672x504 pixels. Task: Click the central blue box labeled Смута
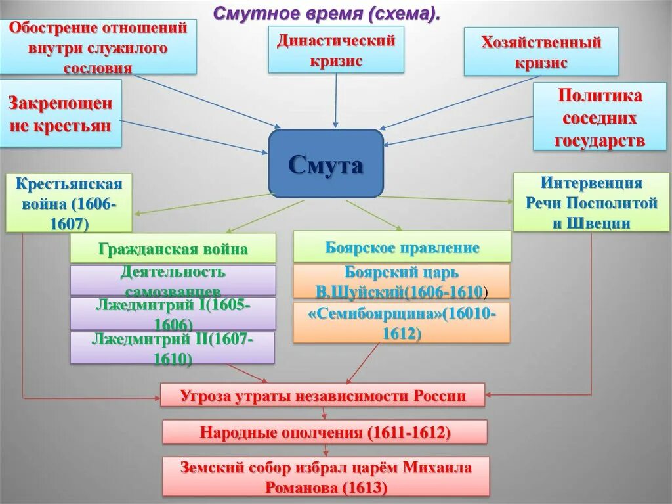pos(325,164)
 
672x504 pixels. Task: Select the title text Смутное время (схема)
pos(326,13)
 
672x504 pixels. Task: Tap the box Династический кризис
pos(335,51)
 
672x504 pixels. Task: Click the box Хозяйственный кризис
pos(541,52)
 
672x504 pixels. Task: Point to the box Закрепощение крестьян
pos(60,114)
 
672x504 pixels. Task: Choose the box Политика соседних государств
pos(599,118)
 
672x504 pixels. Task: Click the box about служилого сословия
pos(98,47)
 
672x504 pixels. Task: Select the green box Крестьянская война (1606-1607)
pos(69,202)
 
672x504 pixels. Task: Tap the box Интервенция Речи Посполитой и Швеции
pos(591,202)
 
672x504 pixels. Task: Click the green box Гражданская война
pos(173,249)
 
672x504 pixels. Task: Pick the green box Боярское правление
pos(402,247)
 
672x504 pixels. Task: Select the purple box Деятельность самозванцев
pos(173,281)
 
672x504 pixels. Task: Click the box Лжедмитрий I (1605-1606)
pos(173,313)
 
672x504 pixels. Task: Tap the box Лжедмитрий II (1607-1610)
pos(173,348)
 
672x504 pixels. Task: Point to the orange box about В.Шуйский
pos(401,281)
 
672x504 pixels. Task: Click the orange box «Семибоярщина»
pos(401,323)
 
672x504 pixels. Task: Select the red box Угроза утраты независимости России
pos(322,396)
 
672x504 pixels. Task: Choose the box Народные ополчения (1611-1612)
pos(325,432)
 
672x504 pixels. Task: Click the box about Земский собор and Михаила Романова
pos(325,476)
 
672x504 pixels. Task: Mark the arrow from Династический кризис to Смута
pos(336,99)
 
